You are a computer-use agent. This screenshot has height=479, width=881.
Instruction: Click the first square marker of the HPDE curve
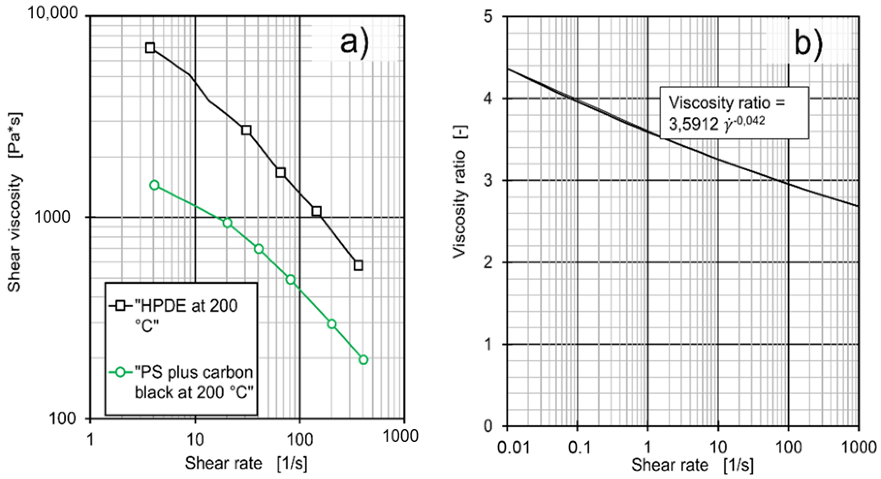(150, 48)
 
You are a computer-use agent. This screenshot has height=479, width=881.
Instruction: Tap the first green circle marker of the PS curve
(155, 185)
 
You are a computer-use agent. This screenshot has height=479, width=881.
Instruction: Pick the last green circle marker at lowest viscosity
(364, 360)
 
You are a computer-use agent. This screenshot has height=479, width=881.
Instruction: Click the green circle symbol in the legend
(120, 373)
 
